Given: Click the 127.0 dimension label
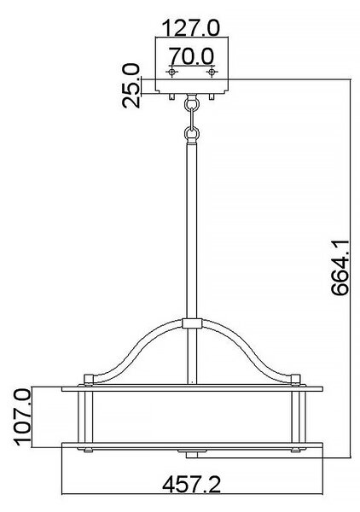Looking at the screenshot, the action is pos(191,28).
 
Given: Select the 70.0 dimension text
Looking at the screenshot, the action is pos(192,55).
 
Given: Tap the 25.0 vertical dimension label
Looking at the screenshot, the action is pos(131,86).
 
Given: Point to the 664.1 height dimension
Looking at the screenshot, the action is pos(340,268).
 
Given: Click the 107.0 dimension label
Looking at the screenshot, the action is pos(23,418).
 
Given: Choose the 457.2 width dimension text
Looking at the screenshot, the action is pos(192,484).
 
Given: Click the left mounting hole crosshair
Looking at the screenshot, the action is pos(171,72).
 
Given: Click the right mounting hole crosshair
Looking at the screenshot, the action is pos(212,72).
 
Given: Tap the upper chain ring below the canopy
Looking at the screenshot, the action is pos(192,103).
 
